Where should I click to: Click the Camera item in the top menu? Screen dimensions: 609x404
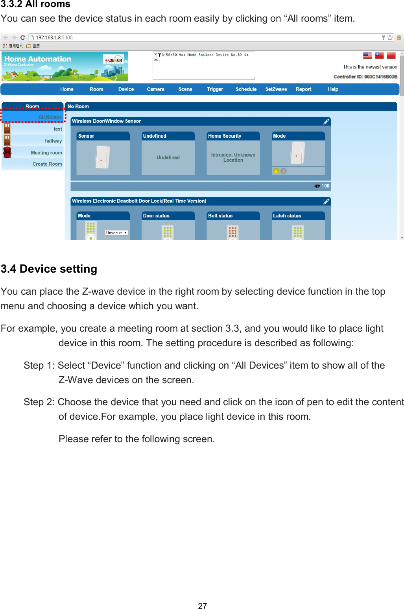pyautogui.click(x=155, y=89)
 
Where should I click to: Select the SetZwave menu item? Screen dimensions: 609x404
pyautogui.click(x=276, y=89)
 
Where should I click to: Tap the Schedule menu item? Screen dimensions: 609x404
pyautogui.click(x=246, y=89)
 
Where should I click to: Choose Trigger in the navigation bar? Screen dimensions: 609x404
pyautogui.click(x=215, y=89)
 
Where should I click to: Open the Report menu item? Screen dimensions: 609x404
pyautogui.click(x=303, y=89)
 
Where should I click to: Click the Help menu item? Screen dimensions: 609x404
pyautogui.click(x=333, y=89)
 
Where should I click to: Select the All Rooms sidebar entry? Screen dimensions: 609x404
pyautogui.click(x=50, y=117)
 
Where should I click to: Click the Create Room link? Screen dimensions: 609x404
pyautogui.click(x=47, y=164)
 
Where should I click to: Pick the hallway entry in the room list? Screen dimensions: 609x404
pyautogui.click(x=53, y=141)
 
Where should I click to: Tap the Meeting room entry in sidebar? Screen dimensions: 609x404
pyautogui.click(x=46, y=153)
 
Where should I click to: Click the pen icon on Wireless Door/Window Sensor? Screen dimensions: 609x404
pyautogui.click(x=326, y=122)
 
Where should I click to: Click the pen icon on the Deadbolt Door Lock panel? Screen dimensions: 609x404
pyautogui.click(x=326, y=201)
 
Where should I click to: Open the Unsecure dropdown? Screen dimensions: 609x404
pyautogui.click(x=116, y=233)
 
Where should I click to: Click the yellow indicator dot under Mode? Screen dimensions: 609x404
pyautogui.click(x=276, y=171)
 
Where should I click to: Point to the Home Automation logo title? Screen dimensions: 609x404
pyautogui.click(x=38, y=59)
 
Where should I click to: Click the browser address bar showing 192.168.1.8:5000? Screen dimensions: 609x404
pyautogui.click(x=197, y=37)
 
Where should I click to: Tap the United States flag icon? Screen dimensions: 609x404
pyautogui.click(x=367, y=55)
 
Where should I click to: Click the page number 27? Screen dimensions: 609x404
pyautogui.click(x=202, y=606)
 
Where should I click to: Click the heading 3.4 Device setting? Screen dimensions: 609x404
pyautogui.click(x=49, y=269)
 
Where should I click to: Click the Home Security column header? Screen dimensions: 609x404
pyautogui.click(x=225, y=136)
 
